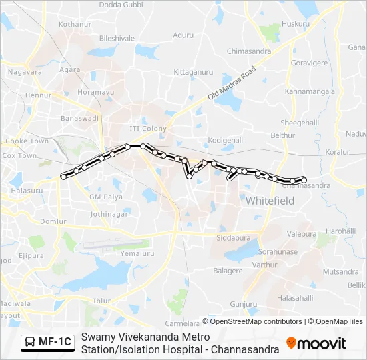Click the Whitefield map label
270,200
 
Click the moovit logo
316,343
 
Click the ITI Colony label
147,128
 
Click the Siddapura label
233,236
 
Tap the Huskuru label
296,24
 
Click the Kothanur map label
74,24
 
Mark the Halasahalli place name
294,297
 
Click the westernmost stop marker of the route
64,176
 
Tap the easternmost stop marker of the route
304,179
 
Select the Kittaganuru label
193,71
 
